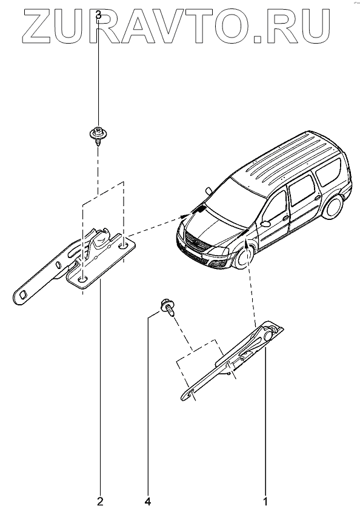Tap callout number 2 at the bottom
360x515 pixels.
point(100,502)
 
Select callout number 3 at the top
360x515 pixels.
point(99,15)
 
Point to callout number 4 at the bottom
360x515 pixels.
point(148,502)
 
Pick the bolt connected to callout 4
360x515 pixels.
point(168,307)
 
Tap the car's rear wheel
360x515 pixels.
point(335,206)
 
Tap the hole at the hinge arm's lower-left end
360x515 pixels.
point(24,294)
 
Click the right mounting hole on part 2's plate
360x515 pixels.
point(124,245)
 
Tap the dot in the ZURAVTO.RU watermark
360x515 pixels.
point(259,40)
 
